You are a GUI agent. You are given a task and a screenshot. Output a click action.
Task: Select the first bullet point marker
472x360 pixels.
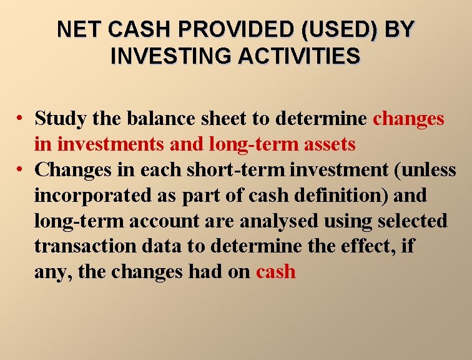point(21,119)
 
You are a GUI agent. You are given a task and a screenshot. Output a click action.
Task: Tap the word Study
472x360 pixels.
point(61,118)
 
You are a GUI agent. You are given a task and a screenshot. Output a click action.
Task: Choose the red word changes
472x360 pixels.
point(408,118)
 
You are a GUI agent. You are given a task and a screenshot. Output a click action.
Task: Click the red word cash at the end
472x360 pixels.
point(275,272)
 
